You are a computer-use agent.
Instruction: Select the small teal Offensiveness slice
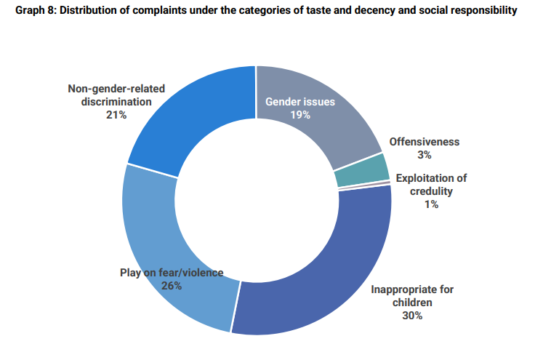360,170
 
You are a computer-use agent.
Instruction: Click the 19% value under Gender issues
300,115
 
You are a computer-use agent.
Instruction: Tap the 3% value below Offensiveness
425,155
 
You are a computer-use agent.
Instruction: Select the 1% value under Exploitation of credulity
431,204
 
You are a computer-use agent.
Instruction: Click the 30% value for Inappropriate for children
412,315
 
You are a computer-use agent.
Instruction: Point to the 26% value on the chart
172,286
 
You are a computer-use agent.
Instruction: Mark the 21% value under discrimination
116,115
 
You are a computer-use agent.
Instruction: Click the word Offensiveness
425,142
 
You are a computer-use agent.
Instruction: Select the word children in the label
412,302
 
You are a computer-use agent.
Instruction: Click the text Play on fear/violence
172,273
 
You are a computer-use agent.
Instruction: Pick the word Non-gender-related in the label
116,89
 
